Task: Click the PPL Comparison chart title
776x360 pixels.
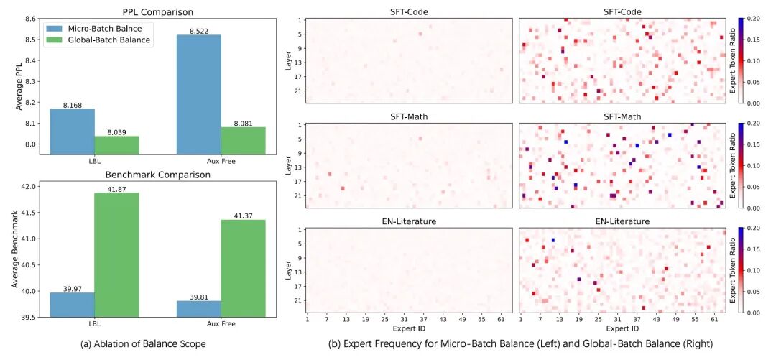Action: coord(157,11)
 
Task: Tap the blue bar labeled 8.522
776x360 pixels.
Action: coord(198,93)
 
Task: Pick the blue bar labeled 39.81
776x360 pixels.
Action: coord(198,308)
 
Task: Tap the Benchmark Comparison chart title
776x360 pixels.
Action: coord(157,175)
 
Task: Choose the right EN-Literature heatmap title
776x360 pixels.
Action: coord(622,222)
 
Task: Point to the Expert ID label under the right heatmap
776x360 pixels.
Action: coord(622,328)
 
